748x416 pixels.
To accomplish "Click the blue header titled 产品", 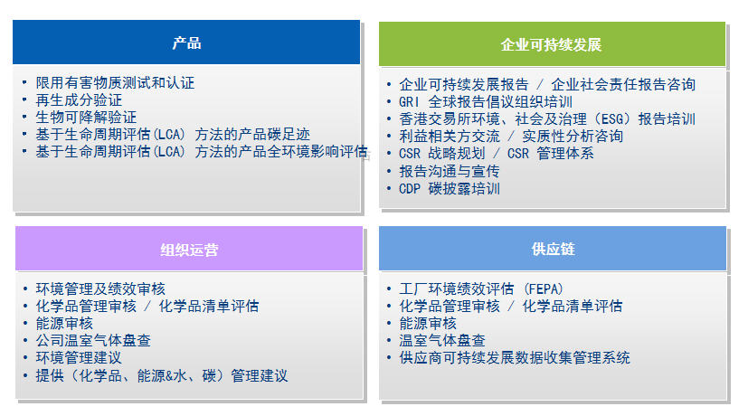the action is coord(186,43).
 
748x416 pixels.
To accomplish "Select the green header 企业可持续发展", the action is coord(552,44).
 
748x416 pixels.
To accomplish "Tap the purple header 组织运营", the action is coord(189,249).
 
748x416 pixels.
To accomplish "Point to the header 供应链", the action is coord(553,249).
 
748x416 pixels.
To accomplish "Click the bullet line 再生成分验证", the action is coord(79,100).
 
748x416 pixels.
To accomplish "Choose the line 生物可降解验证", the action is coord(86,118).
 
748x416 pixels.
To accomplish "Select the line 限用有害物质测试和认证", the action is coord(115,83).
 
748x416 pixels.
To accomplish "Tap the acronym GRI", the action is coord(410,102).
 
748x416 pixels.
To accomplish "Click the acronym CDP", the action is coord(410,189).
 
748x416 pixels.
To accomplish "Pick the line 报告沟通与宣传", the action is coord(450,171).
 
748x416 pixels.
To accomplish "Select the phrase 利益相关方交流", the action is coord(450,137).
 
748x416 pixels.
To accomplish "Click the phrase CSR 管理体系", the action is coord(550,154).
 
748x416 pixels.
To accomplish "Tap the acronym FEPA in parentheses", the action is coord(544,289).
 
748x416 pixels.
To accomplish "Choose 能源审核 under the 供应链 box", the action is coord(428,324).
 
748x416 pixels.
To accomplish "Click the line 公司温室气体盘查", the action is coord(93,341).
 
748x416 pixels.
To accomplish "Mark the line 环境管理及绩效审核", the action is coord(100,289).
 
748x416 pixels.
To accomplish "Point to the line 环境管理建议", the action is coord(79,358).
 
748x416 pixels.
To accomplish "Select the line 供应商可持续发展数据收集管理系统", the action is coord(515,358).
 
